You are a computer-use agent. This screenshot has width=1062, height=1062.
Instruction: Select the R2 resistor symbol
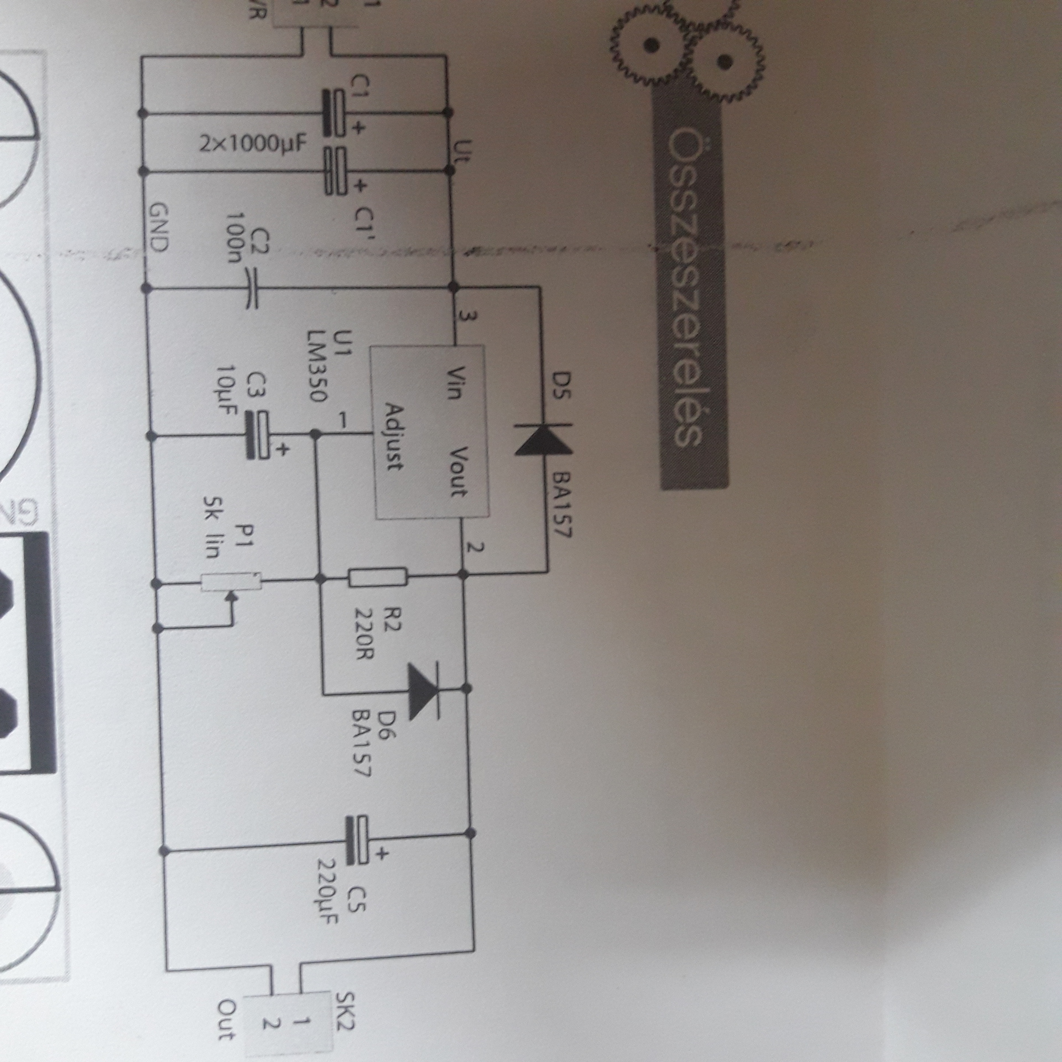(378, 579)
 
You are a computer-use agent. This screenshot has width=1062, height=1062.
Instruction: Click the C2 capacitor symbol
(252, 289)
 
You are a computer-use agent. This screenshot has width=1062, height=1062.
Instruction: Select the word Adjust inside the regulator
(394, 437)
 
